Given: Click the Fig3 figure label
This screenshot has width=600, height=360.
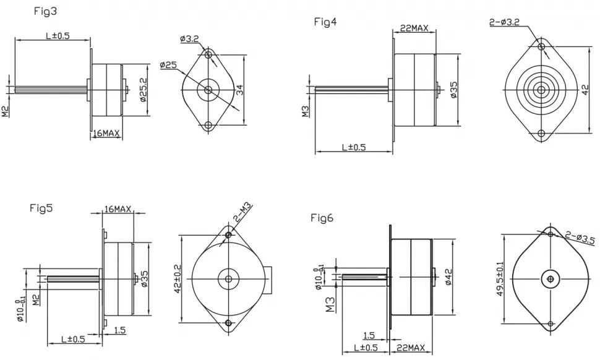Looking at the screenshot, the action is pos(45,12).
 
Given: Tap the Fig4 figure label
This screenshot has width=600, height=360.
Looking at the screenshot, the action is pos(325,22).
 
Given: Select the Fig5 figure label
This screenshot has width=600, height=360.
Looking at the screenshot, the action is pos(41,208).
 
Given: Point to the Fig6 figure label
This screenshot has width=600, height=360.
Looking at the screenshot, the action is pos(322,218).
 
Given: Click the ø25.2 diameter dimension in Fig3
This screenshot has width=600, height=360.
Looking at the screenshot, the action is pos(143,90).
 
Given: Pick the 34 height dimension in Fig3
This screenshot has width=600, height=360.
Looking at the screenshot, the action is pos(239,90).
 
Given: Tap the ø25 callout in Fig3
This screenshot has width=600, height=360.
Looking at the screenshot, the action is pos(169,65).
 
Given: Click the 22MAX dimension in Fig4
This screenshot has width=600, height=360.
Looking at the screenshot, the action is pos(414,28).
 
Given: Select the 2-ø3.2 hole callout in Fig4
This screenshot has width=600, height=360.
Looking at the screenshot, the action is pos(504,22).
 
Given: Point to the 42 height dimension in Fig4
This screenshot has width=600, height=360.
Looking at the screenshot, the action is pos(585,90).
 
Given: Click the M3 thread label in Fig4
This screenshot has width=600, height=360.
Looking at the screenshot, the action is pos(306,111).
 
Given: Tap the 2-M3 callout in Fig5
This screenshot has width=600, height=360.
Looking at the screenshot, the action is pos(243,213).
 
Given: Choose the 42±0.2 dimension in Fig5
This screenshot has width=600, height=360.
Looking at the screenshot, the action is pos(178,279).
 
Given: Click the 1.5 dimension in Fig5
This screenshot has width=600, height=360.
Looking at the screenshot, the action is pos(120,330).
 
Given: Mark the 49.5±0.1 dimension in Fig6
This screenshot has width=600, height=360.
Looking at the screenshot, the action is pos(500,279).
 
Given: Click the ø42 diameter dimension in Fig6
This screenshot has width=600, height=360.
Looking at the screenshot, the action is pos(448,277).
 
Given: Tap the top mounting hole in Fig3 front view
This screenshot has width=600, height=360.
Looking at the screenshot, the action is pos(208,54).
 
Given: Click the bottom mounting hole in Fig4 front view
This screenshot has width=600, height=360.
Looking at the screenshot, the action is pos(541,134).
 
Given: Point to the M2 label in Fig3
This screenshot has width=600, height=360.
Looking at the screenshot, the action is pos(6,112).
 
